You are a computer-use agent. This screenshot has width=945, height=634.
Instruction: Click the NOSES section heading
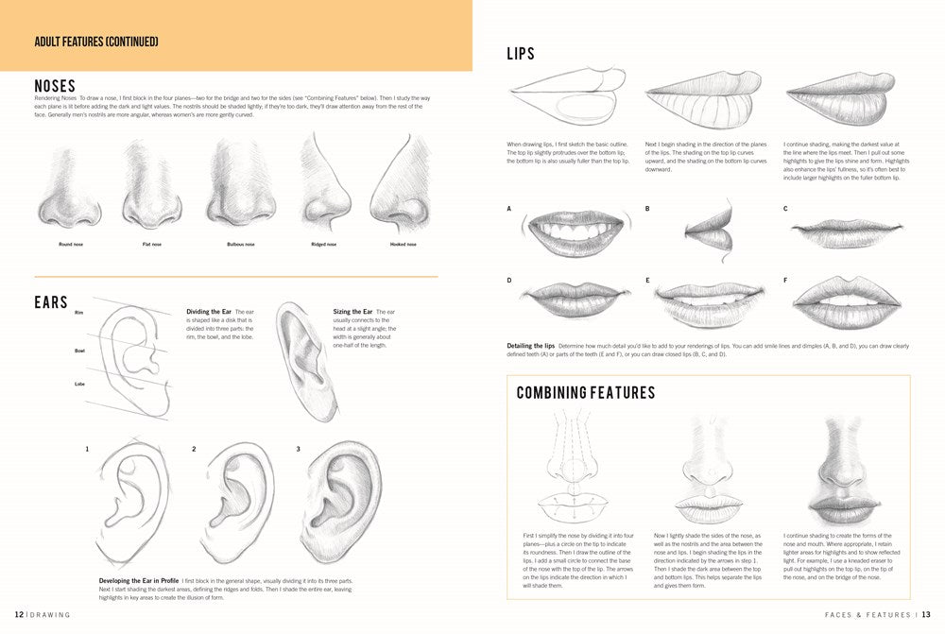55,86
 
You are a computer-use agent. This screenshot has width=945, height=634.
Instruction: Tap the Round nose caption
70,244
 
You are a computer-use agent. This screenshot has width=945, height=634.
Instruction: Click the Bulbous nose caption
241,244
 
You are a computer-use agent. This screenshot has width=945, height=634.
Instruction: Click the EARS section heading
51,302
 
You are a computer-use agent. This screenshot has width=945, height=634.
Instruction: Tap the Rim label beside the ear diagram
79,312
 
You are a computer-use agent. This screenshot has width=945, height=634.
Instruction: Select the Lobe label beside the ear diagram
80,384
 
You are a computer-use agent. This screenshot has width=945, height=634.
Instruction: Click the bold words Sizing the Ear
353,312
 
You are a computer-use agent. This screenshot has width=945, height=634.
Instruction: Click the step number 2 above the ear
194,449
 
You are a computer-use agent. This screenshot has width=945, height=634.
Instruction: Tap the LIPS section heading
521,54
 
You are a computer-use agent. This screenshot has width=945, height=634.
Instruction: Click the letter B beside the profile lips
647,208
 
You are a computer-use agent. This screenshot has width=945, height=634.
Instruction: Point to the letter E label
647,281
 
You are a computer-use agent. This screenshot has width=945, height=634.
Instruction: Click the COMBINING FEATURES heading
586,392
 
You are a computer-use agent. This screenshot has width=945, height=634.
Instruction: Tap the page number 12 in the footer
19,614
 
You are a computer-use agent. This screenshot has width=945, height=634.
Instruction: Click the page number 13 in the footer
926,614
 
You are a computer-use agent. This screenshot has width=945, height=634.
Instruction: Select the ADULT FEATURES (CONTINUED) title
95,42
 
